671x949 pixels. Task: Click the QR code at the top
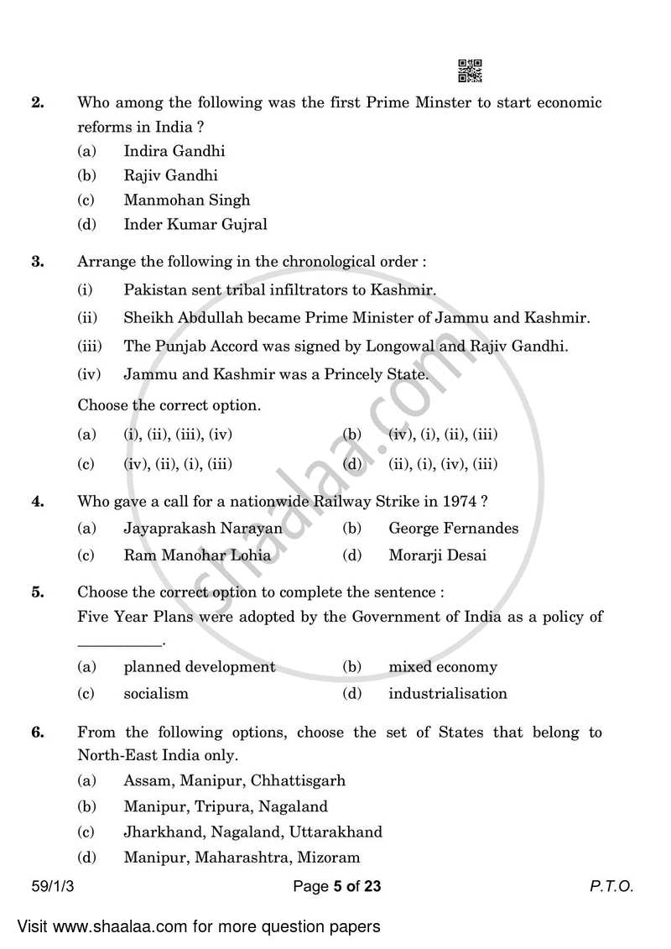[x=470, y=71]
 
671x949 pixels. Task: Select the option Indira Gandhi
[x=174, y=151]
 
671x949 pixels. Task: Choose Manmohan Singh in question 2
[x=186, y=200]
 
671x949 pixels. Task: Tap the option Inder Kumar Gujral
[x=195, y=224]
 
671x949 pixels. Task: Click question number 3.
[x=38, y=261]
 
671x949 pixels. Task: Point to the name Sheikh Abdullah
[x=179, y=317]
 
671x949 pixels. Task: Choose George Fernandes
[x=453, y=528]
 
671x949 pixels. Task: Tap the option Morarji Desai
[x=437, y=555]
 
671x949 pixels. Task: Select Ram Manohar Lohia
[x=197, y=555]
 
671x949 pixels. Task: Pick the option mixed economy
[x=442, y=667]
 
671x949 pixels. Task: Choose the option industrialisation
[x=447, y=693]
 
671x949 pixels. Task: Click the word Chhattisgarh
[x=303, y=780]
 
